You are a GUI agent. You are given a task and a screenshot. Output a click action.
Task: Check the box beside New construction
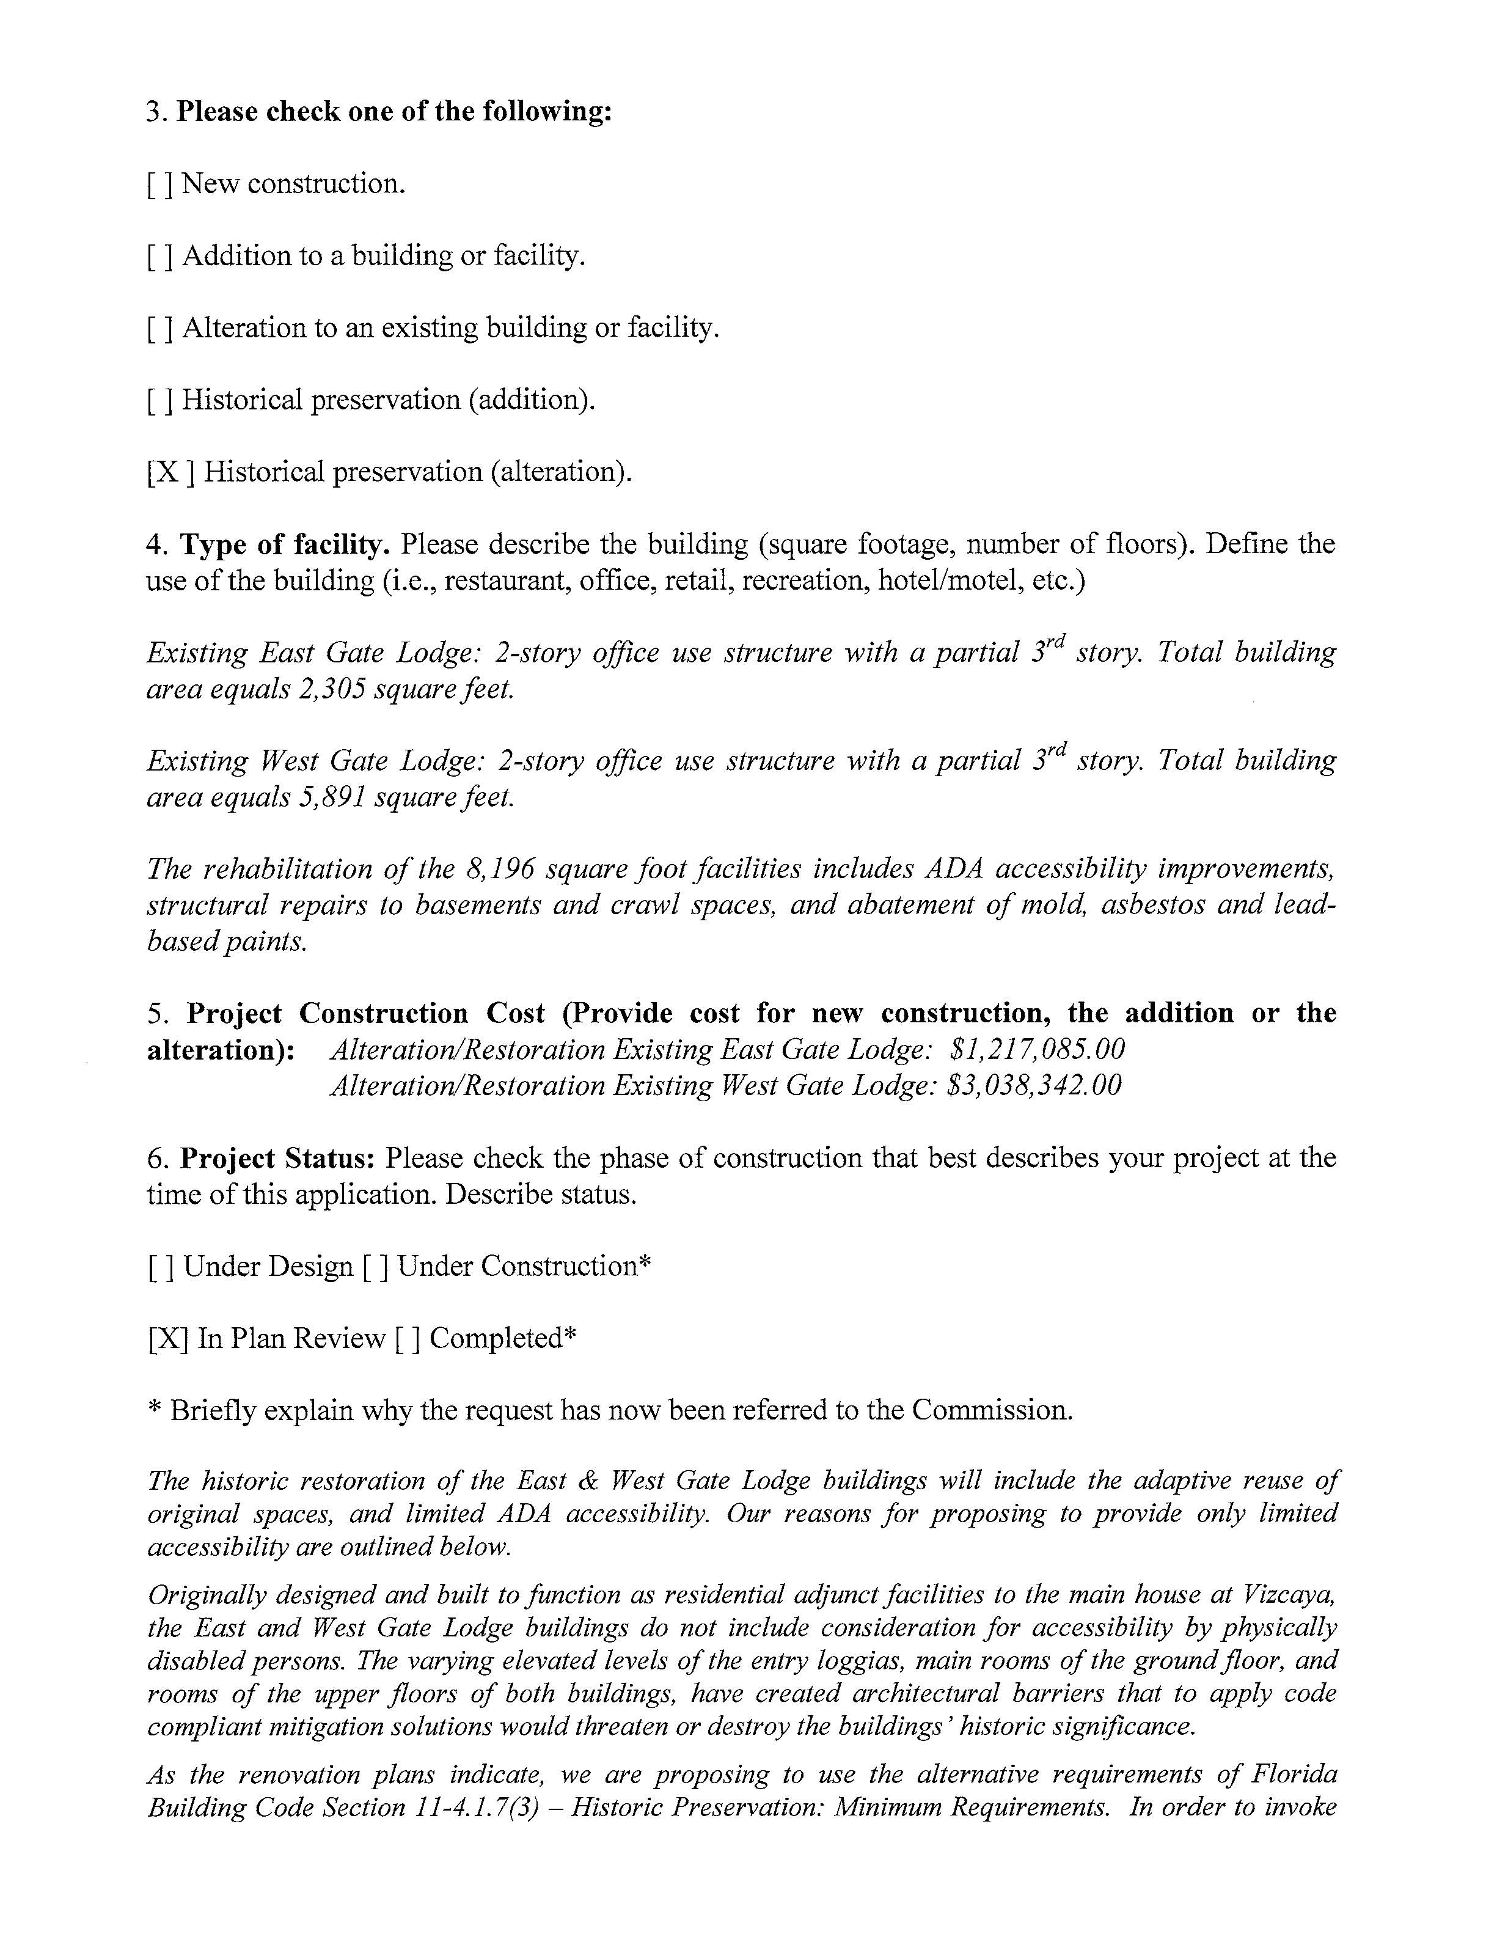[x=160, y=184]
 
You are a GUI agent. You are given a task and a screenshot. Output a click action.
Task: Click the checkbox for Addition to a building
[x=160, y=257]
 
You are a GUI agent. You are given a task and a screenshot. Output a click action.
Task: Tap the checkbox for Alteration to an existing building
[x=160, y=328]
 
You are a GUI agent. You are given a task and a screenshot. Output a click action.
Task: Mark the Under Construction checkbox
[x=376, y=1267]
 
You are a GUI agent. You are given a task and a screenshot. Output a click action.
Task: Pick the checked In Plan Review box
[x=168, y=1339]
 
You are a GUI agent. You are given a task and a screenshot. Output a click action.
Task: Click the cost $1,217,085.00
[x=1037, y=1050]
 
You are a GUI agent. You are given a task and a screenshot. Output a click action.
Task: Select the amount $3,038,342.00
[x=1033, y=1085]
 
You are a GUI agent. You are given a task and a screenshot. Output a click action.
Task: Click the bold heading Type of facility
[x=285, y=545]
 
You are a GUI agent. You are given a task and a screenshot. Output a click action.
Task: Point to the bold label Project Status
[x=279, y=1159]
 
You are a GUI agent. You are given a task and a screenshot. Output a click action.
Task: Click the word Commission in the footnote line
[x=992, y=1410]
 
